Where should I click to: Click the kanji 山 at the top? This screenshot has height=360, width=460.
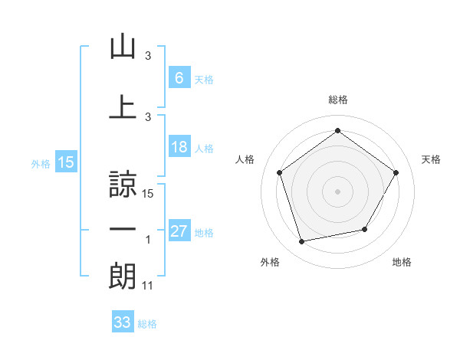(123, 47)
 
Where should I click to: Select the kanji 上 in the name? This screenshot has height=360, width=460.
(123, 106)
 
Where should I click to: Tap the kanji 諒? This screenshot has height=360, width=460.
(123, 185)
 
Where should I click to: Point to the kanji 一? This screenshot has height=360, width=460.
(123, 229)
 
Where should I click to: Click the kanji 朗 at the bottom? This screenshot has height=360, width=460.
(123, 275)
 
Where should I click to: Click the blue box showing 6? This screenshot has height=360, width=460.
(179, 77)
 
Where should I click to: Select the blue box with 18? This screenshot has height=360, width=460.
(179, 147)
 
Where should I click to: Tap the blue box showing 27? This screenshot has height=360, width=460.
(179, 231)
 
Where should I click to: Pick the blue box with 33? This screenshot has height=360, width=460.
(123, 322)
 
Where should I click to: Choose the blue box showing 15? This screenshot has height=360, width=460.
(65, 162)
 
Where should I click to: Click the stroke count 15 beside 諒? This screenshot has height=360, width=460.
(149, 195)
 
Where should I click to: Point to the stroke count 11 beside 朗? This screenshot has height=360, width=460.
(148, 286)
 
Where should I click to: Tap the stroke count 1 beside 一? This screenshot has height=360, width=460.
(148, 240)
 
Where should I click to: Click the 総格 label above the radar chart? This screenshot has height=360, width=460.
(338, 100)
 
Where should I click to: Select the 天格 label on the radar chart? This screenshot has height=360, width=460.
(432, 159)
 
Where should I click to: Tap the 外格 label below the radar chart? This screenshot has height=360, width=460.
(270, 262)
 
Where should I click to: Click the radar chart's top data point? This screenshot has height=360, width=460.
(337, 130)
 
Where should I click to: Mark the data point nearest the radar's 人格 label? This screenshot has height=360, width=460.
(279, 172)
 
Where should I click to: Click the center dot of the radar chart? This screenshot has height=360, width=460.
(337, 191)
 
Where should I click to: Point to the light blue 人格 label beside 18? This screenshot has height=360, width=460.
(204, 148)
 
